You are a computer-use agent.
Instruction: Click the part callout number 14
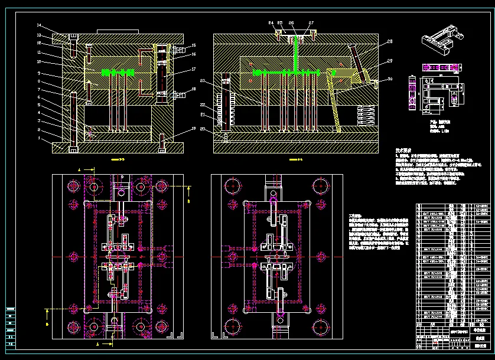click(39, 26)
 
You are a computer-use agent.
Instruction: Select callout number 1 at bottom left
click(39, 138)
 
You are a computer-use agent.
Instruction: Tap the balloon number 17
click(193, 70)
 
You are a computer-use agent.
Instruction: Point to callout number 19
click(193, 130)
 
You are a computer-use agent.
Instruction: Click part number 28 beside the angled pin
click(390, 42)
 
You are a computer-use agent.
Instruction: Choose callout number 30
click(390, 79)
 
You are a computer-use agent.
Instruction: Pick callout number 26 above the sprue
click(291, 22)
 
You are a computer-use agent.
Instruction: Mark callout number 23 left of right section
click(202, 81)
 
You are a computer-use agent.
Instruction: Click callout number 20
click(202, 129)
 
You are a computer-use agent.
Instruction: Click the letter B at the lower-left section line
click(47, 324)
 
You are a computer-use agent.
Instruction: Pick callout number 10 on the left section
click(39, 61)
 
